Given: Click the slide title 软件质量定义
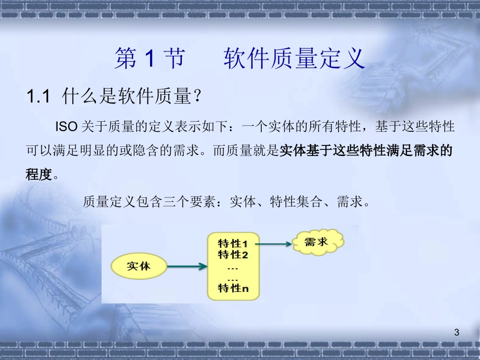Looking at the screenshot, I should (x=294, y=59).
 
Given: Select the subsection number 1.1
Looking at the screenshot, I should (x=38, y=96).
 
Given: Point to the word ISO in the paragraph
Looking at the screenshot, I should (x=66, y=127).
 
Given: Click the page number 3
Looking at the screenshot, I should (x=457, y=332).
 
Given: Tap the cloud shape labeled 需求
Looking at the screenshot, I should (x=317, y=242).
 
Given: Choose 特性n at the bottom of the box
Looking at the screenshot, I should (x=233, y=288).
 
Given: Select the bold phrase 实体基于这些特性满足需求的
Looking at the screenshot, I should (x=366, y=150).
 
